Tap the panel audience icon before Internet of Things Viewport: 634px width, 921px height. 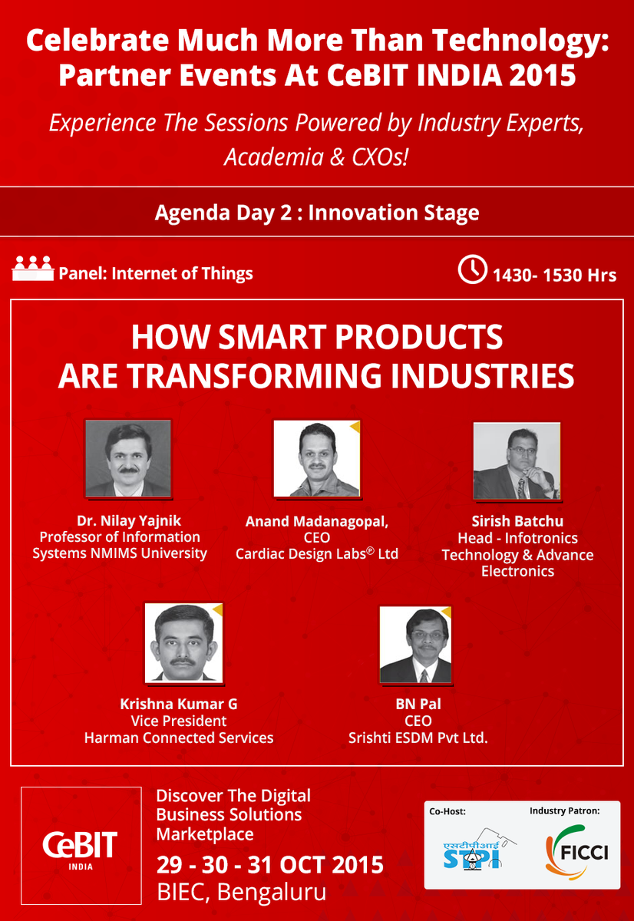click(x=32, y=270)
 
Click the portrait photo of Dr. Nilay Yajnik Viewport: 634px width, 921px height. click(x=127, y=457)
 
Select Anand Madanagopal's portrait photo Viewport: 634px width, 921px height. click(x=316, y=459)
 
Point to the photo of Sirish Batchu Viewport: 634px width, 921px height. click(x=517, y=460)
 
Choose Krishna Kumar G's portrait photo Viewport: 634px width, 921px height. click(x=183, y=642)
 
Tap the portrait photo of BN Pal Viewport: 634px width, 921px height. click(x=415, y=645)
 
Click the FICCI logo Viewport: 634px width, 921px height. click(x=576, y=852)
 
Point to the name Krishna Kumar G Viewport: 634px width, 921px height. click(x=179, y=704)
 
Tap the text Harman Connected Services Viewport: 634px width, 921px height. click(x=179, y=738)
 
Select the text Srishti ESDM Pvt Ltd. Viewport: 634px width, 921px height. click(x=418, y=738)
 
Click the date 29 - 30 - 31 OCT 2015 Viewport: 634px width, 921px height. click(x=270, y=864)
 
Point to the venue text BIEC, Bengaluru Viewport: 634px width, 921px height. click(x=241, y=892)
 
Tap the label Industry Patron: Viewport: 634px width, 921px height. click(x=564, y=810)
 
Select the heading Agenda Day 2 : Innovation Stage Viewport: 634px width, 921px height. click(x=316, y=213)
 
